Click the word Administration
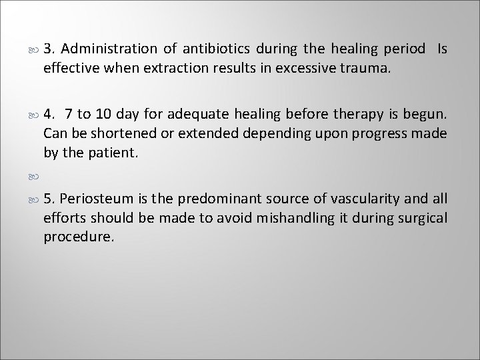[x=108, y=50]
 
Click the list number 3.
[x=49, y=50]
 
